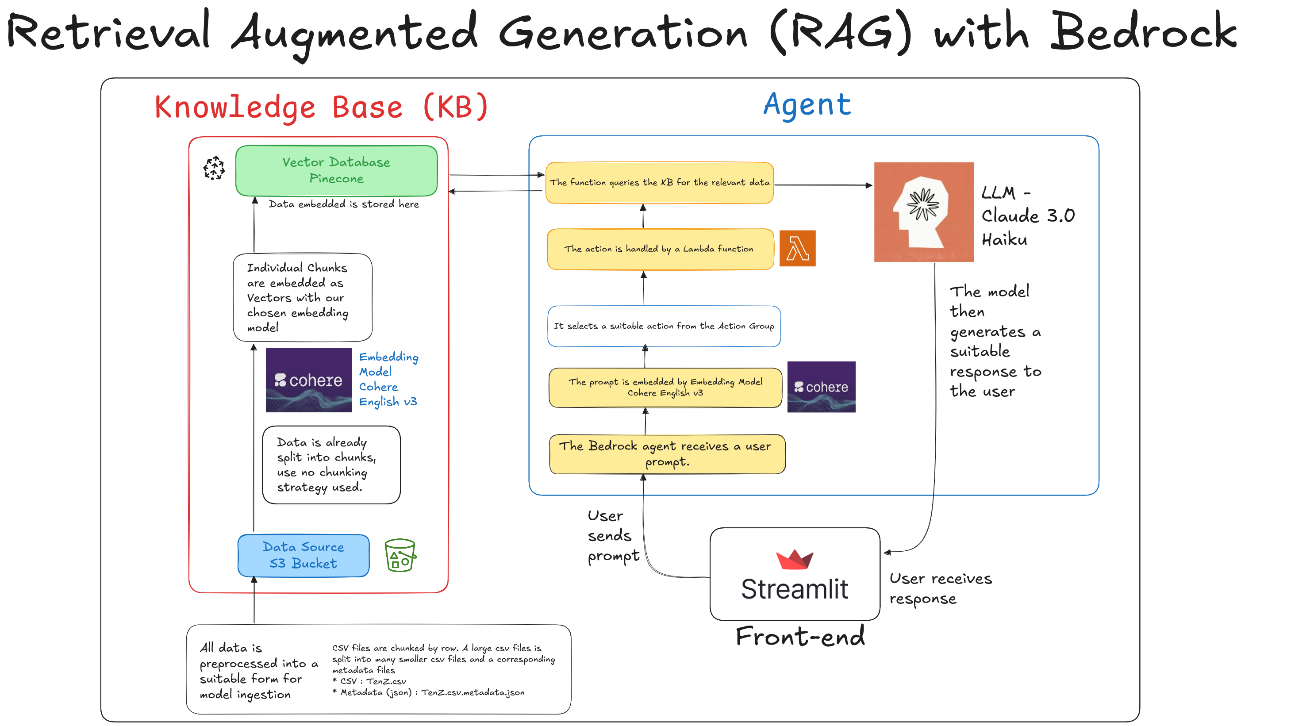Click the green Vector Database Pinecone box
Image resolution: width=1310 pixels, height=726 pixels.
(x=336, y=170)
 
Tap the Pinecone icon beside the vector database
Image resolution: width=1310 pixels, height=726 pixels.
(x=214, y=168)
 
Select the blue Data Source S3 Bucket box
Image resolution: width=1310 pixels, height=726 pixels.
(x=303, y=555)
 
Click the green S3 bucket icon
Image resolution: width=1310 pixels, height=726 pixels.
(x=400, y=555)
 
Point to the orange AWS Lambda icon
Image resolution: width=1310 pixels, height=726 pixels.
(x=797, y=248)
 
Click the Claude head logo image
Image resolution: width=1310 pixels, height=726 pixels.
(x=923, y=211)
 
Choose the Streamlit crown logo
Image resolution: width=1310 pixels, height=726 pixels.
(x=794, y=559)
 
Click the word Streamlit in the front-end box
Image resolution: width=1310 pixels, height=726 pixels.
(x=794, y=589)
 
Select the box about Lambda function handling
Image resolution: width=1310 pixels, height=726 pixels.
(x=660, y=249)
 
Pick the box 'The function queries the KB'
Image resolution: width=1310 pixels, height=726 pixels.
(x=660, y=183)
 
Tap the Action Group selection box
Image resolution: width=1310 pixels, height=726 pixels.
(x=664, y=326)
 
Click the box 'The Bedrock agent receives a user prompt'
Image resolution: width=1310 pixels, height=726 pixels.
(x=667, y=453)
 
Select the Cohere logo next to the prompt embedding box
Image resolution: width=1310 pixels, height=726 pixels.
(x=821, y=387)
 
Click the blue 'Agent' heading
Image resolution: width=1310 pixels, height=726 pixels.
(x=807, y=105)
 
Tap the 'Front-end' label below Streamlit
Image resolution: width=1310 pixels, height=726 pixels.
(x=800, y=637)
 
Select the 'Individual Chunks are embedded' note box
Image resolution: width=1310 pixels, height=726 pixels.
(x=302, y=297)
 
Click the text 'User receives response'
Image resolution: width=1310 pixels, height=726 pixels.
(x=940, y=588)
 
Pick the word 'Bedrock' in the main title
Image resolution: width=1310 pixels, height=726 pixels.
(x=1143, y=31)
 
